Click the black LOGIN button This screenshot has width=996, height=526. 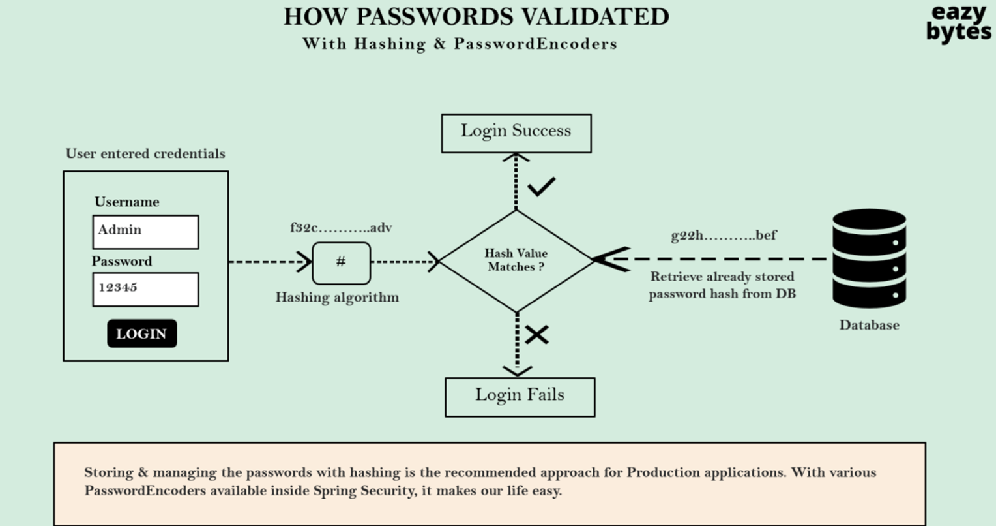coord(142,333)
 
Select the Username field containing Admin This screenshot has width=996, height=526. coord(145,232)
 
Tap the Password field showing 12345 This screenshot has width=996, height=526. coord(145,289)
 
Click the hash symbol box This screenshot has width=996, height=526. coord(341,263)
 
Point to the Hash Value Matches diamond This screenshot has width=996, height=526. coord(516,260)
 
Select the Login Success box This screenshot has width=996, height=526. coord(516,133)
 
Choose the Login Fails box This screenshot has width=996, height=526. coord(520,396)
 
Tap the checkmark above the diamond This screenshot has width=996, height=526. coord(541,187)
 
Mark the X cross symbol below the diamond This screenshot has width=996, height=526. coord(536,335)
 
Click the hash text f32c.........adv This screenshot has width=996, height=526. coord(341,228)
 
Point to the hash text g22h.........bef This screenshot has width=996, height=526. coord(724,235)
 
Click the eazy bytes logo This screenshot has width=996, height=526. coord(958,23)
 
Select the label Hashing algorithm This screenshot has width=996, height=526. coord(337,298)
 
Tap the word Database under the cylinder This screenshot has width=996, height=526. coord(869,325)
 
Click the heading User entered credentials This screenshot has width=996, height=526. coord(145,153)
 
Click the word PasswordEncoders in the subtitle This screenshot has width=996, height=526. coord(535,44)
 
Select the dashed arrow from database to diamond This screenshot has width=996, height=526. coord(717,259)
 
